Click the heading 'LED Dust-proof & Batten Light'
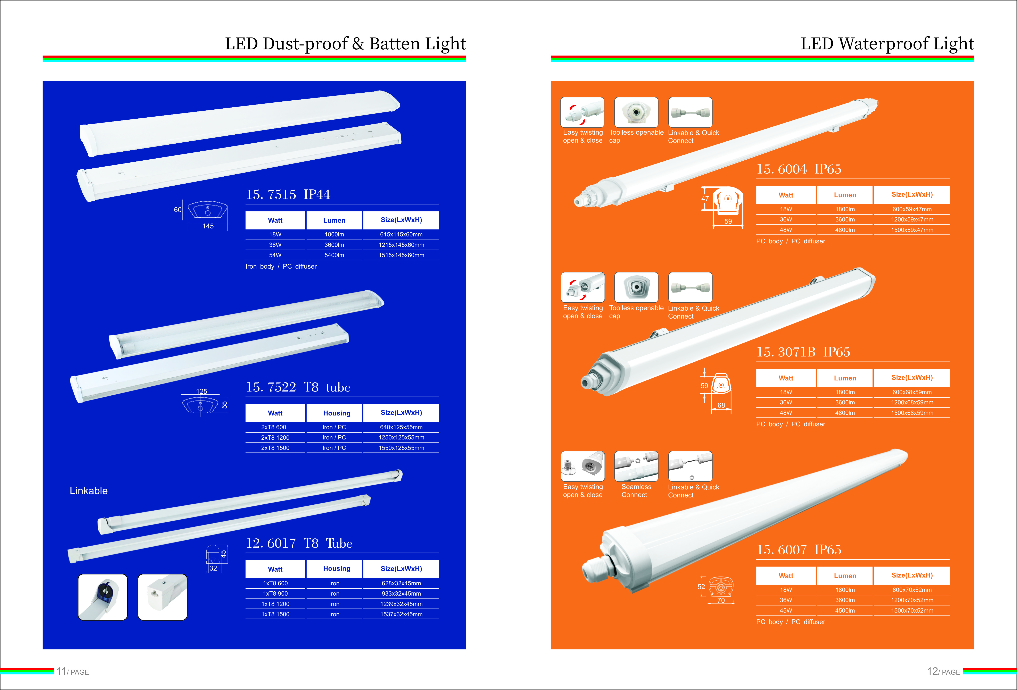(x=345, y=44)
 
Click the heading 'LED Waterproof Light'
(x=887, y=44)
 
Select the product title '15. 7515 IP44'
(x=288, y=194)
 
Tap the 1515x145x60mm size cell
(x=401, y=255)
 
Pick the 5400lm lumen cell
(x=334, y=255)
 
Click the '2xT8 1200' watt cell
(x=275, y=438)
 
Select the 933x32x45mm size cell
(x=401, y=594)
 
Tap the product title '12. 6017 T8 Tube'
(x=299, y=544)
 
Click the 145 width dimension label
(x=208, y=226)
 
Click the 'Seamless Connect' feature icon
(x=636, y=466)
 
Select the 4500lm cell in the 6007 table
(x=845, y=610)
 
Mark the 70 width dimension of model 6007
(x=721, y=600)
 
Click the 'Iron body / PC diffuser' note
(x=281, y=267)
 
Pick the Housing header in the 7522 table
(x=337, y=413)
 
